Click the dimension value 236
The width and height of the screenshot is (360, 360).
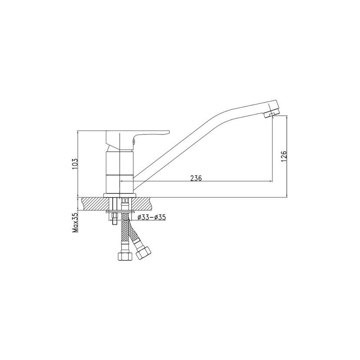(x=196, y=178)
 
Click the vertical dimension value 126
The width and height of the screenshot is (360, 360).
(x=284, y=156)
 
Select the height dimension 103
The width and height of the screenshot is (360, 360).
(x=75, y=164)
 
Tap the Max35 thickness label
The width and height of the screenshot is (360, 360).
(x=75, y=223)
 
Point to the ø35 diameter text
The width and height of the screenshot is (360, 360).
(x=160, y=217)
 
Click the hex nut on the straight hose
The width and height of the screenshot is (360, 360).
(x=125, y=256)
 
